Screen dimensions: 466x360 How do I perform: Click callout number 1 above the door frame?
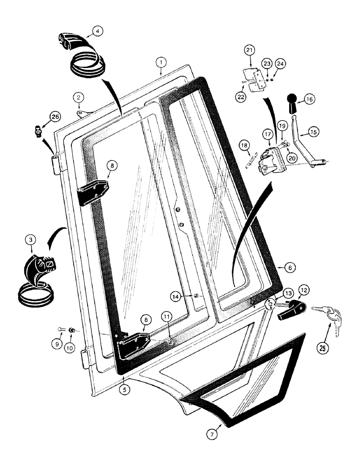click(x=160, y=62)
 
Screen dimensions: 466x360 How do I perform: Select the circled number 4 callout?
click(x=97, y=32)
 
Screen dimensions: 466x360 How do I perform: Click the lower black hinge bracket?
click(x=133, y=345)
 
